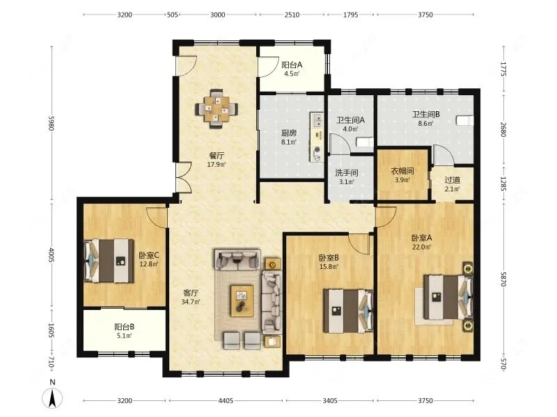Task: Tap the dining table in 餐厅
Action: click(x=217, y=108)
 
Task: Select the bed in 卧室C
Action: click(x=109, y=261)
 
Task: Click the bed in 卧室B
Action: click(x=348, y=311)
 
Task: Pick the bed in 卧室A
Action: click(x=448, y=297)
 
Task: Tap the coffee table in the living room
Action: click(x=242, y=301)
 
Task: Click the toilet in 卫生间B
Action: click(x=464, y=120)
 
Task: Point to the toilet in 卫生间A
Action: click(x=364, y=142)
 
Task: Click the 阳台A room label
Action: click(x=292, y=65)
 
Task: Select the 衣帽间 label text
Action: click(x=402, y=171)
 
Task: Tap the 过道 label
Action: click(x=452, y=180)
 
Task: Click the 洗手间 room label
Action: click(x=346, y=173)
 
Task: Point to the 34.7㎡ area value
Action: click(x=191, y=302)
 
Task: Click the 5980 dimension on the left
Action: click(x=52, y=123)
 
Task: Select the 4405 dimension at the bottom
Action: click(x=226, y=401)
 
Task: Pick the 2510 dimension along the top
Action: click(x=292, y=15)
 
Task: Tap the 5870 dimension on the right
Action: click(x=503, y=279)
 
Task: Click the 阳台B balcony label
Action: click(x=125, y=327)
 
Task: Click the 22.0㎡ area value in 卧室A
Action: click(x=422, y=247)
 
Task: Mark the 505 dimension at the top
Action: click(x=172, y=15)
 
